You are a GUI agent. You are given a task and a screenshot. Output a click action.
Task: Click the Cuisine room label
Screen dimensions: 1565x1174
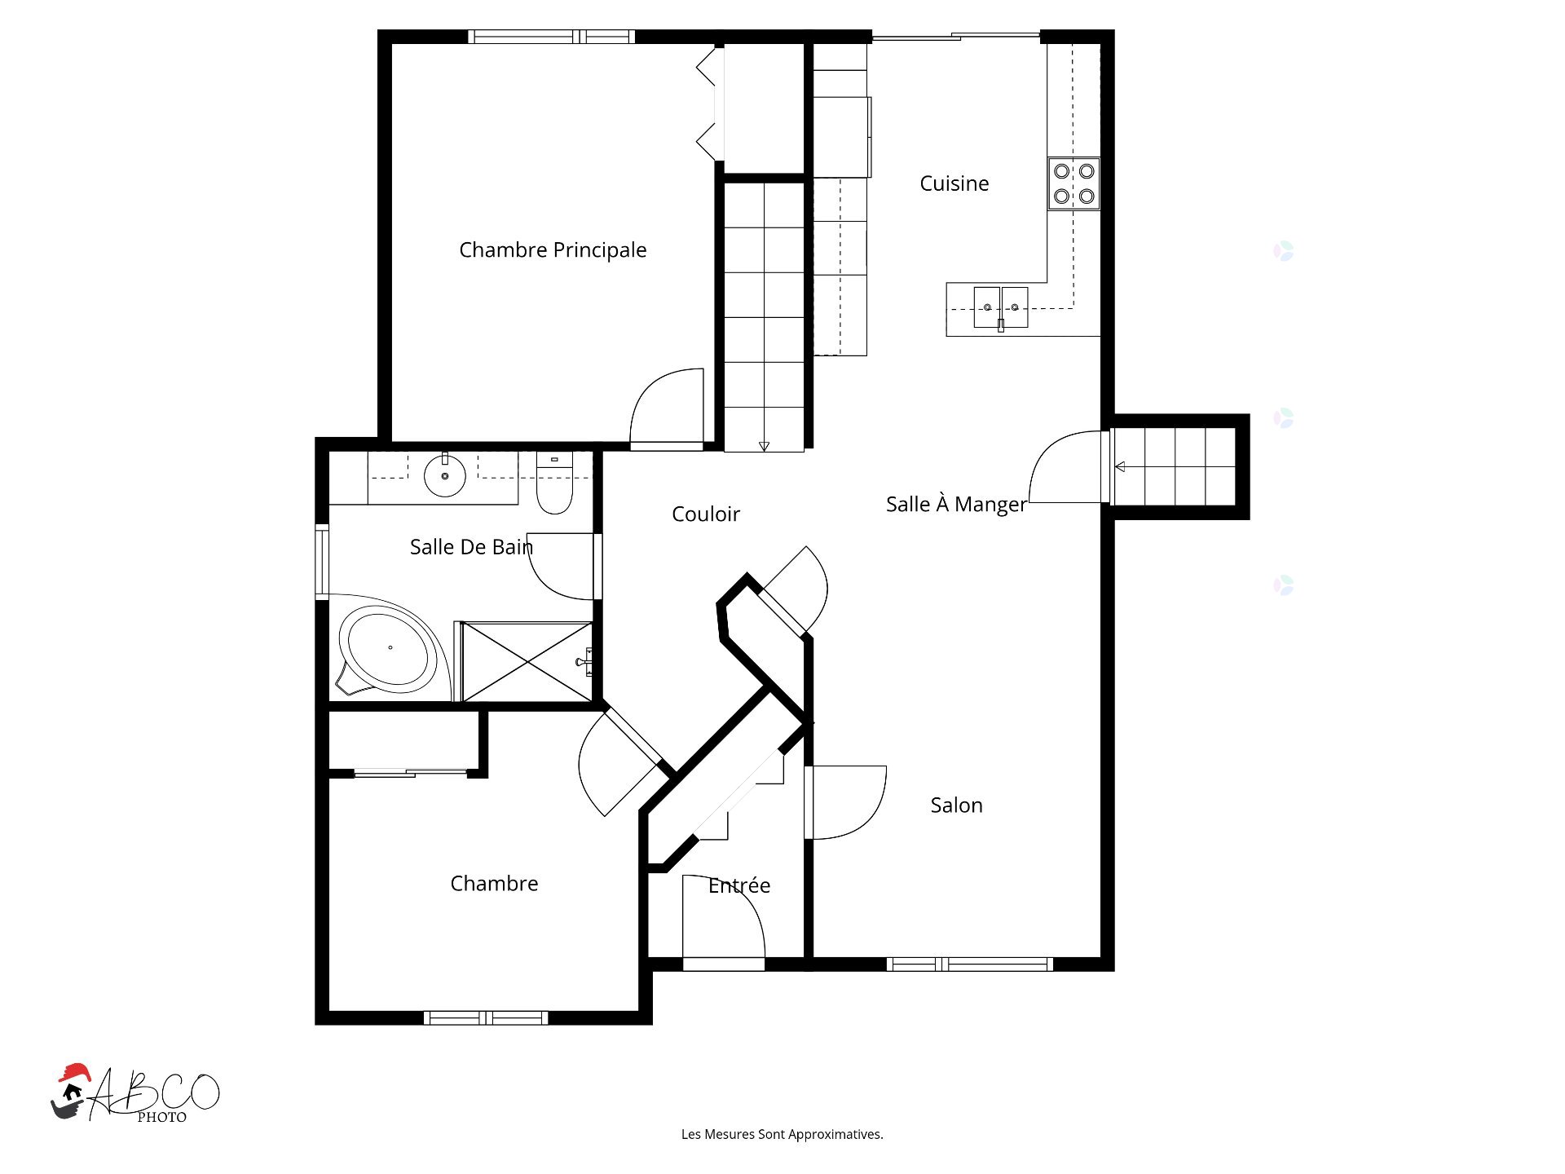click(x=954, y=183)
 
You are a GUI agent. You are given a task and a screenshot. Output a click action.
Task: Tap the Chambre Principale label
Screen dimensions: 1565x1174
click(x=553, y=250)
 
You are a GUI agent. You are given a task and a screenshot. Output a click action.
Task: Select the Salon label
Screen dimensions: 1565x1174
click(x=956, y=805)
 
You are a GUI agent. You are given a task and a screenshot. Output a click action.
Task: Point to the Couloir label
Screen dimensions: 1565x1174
click(x=706, y=514)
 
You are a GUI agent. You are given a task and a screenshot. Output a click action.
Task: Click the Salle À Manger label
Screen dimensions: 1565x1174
click(x=956, y=505)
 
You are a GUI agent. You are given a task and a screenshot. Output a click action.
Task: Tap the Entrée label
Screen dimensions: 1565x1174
click(x=739, y=885)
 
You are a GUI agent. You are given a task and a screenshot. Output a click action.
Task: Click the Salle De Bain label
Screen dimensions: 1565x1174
click(x=471, y=547)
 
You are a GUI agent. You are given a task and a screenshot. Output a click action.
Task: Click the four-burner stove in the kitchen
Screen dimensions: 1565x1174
click(x=1073, y=183)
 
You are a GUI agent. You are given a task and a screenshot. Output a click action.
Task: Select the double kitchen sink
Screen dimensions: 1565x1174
click(x=1000, y=307)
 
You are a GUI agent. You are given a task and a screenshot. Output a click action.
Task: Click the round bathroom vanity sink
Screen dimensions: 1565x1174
click(x=444, y=475)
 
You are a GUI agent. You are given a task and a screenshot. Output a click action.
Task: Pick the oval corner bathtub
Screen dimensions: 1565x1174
click(x=389, y=648)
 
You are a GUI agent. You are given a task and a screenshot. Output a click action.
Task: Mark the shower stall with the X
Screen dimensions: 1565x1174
click(x=527, y=661)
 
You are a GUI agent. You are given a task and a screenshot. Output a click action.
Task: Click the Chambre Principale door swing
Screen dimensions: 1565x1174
click(x=667, y=406)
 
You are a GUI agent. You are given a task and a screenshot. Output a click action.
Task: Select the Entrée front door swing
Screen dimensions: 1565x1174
click(x=723, y=916)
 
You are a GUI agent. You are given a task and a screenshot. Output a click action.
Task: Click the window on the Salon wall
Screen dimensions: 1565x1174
click(x=969, y=964)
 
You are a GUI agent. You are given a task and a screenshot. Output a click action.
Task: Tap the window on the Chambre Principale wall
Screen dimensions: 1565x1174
click(x=551, y=37)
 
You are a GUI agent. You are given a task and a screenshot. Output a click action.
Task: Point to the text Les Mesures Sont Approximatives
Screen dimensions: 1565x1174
click(x=782, y=1134)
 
